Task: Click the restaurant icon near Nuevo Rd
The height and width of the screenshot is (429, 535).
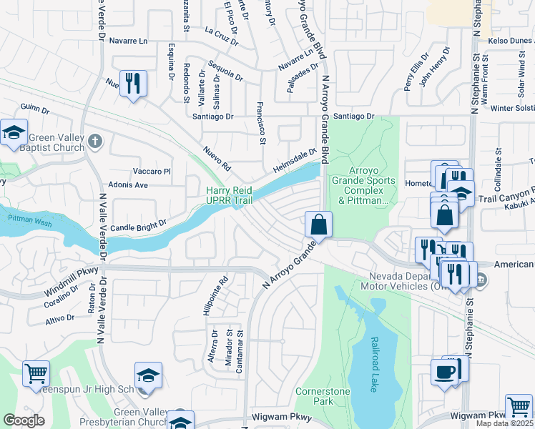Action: pyautogui.click(x=133, y=83)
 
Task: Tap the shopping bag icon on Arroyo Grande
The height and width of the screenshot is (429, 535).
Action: pyautogui.click(x=318, y=224)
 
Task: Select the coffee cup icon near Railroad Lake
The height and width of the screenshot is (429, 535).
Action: pyautogui.click(x=444, y=373)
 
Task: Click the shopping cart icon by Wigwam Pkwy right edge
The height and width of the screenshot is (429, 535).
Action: pyautogui.click(x=519, y=408)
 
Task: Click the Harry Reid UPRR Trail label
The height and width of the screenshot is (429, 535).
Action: pyautogui.click(x=230, y=195)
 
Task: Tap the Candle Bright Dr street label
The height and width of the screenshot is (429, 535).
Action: pyautogui.click(x=139, y=223)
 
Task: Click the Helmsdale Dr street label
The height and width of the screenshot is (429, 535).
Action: pyautogui.click(x=293, y=161)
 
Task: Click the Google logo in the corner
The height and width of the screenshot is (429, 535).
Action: pyautogui.click(x=23, y=420)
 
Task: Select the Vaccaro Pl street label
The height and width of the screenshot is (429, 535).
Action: pyautogui.click(x=152, y=172)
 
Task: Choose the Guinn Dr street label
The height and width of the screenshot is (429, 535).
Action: pyautogui.click(x=35, y=110)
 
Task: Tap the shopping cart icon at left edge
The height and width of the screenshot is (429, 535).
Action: pyautogui.click(x=36, y=374)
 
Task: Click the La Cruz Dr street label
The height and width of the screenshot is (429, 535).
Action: pyautogui.click(x=221, y=36)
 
